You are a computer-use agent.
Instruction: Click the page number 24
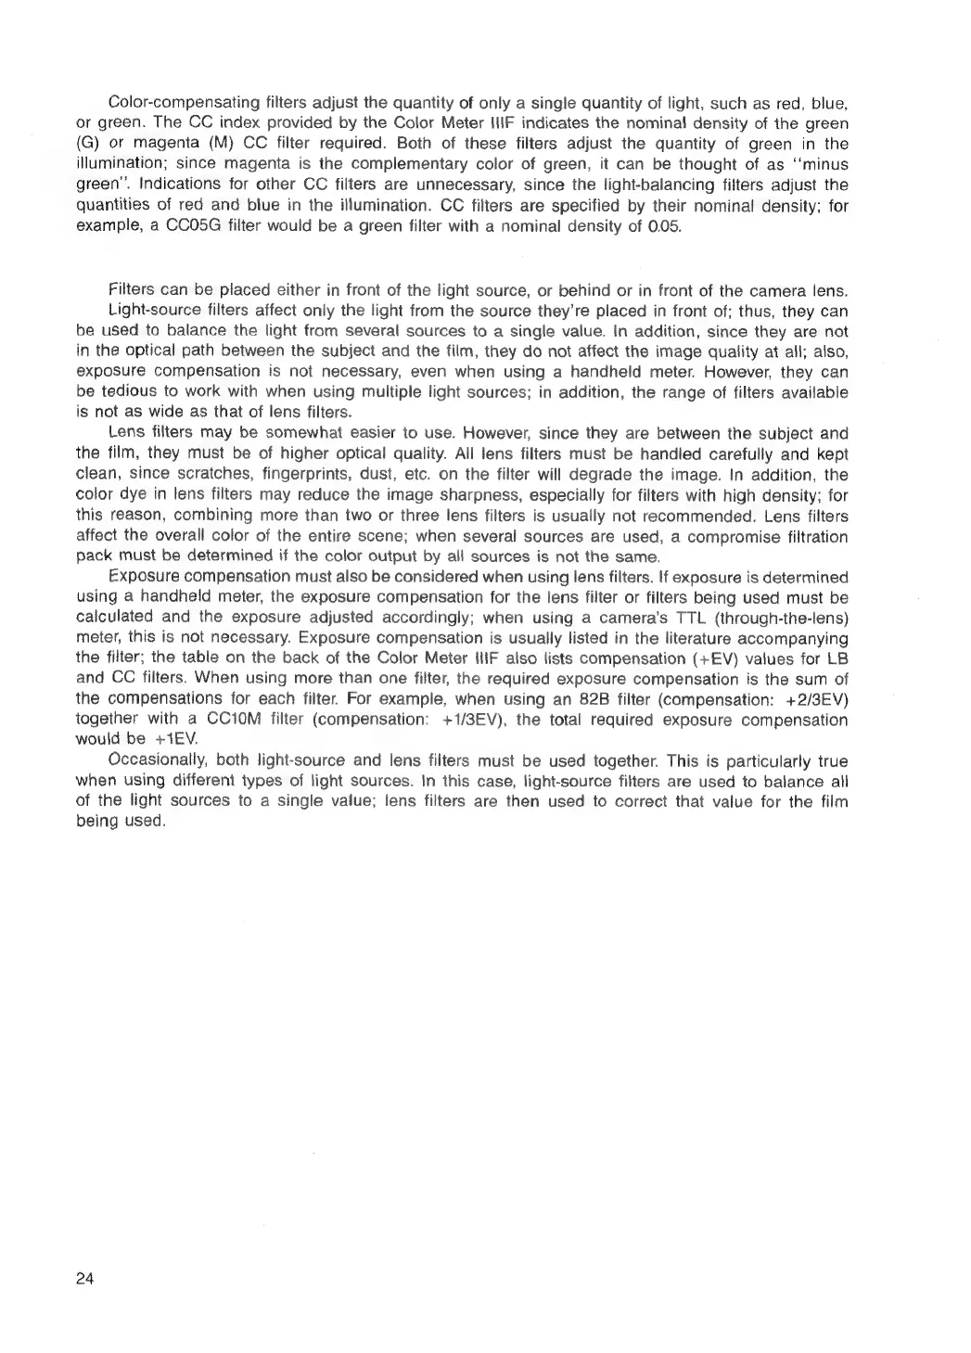[84, 1278]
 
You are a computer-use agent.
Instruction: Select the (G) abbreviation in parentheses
[86, 144]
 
